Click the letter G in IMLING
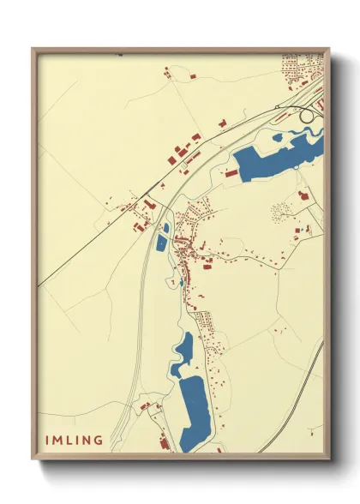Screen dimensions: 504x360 (x=99, y=441)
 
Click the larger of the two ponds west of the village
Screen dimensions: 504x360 (x=161, y=243)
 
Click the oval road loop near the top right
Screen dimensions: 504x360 (x=306, y=115)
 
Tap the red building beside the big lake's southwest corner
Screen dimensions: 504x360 (x=231, y=172)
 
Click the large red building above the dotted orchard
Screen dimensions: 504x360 (x=302, y=195)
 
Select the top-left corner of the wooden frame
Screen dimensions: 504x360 (x=33, y=49)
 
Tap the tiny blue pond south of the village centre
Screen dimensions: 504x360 (x=183, y=282)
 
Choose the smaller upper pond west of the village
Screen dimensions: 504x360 (x=165, y=227)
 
